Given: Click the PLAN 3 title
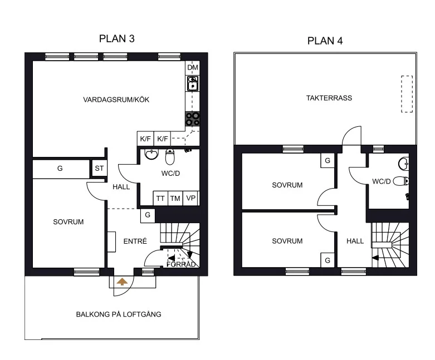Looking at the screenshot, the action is click(x=117, y=38).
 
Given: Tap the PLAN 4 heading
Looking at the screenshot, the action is click(x=325, y=41).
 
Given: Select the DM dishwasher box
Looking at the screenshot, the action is click(x=193, y=67).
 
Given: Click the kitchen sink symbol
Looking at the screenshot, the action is click(x=193, y=83).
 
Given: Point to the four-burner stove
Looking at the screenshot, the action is click(x=193, y=119).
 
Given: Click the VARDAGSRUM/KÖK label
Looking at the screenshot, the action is click(x=116, y=100).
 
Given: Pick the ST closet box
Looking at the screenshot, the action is click(x=99, y=168).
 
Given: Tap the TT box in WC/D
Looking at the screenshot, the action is click(x=160, y=198).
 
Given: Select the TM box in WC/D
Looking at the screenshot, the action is click(x=175, y=198).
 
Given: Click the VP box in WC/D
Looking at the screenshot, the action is click(x=191, y=198).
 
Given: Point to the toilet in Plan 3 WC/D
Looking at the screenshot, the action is click(x=170, y=156).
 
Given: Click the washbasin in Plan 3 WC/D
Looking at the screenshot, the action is click(x=151, y=155).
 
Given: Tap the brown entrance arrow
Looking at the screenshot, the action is click(x=122, y=282).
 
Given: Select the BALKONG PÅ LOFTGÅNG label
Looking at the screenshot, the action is click(x=119, y=314).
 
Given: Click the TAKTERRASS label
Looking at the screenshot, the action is click(x=329, y=98).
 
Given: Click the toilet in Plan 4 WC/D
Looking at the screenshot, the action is click(x=401, y=181).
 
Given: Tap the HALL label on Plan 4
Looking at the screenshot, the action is click(x=355, y=241).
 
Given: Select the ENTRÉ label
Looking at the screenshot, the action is click(x=135, y=241).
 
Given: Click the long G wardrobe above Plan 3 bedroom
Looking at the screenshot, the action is click(x=61, y=168).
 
